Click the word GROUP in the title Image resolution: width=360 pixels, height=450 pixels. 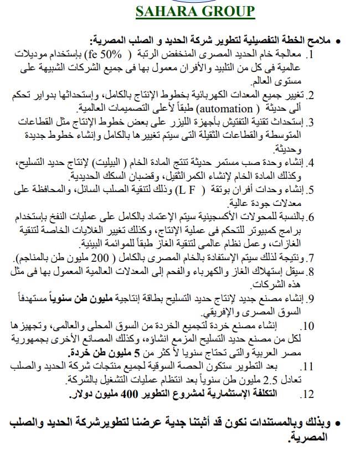click(228, 12)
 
